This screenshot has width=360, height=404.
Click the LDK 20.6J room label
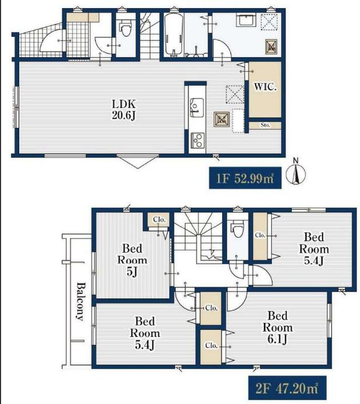124,110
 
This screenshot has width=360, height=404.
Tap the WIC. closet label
265,86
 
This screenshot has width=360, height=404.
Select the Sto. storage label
265,125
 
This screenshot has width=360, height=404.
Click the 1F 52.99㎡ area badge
245,178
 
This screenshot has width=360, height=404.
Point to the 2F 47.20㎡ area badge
287,388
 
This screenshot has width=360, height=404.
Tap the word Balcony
80,301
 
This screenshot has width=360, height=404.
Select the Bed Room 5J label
132,260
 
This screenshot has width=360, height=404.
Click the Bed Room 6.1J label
278,327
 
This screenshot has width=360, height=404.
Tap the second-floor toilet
237,228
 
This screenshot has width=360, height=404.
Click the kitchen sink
196,107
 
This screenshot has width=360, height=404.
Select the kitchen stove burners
197,140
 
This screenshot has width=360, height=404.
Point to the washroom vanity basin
246,20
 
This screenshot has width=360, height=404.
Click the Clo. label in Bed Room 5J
159,220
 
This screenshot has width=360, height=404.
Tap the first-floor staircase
150,35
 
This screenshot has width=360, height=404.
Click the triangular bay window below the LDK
138,161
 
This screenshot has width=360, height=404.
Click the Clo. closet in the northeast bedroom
260,236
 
